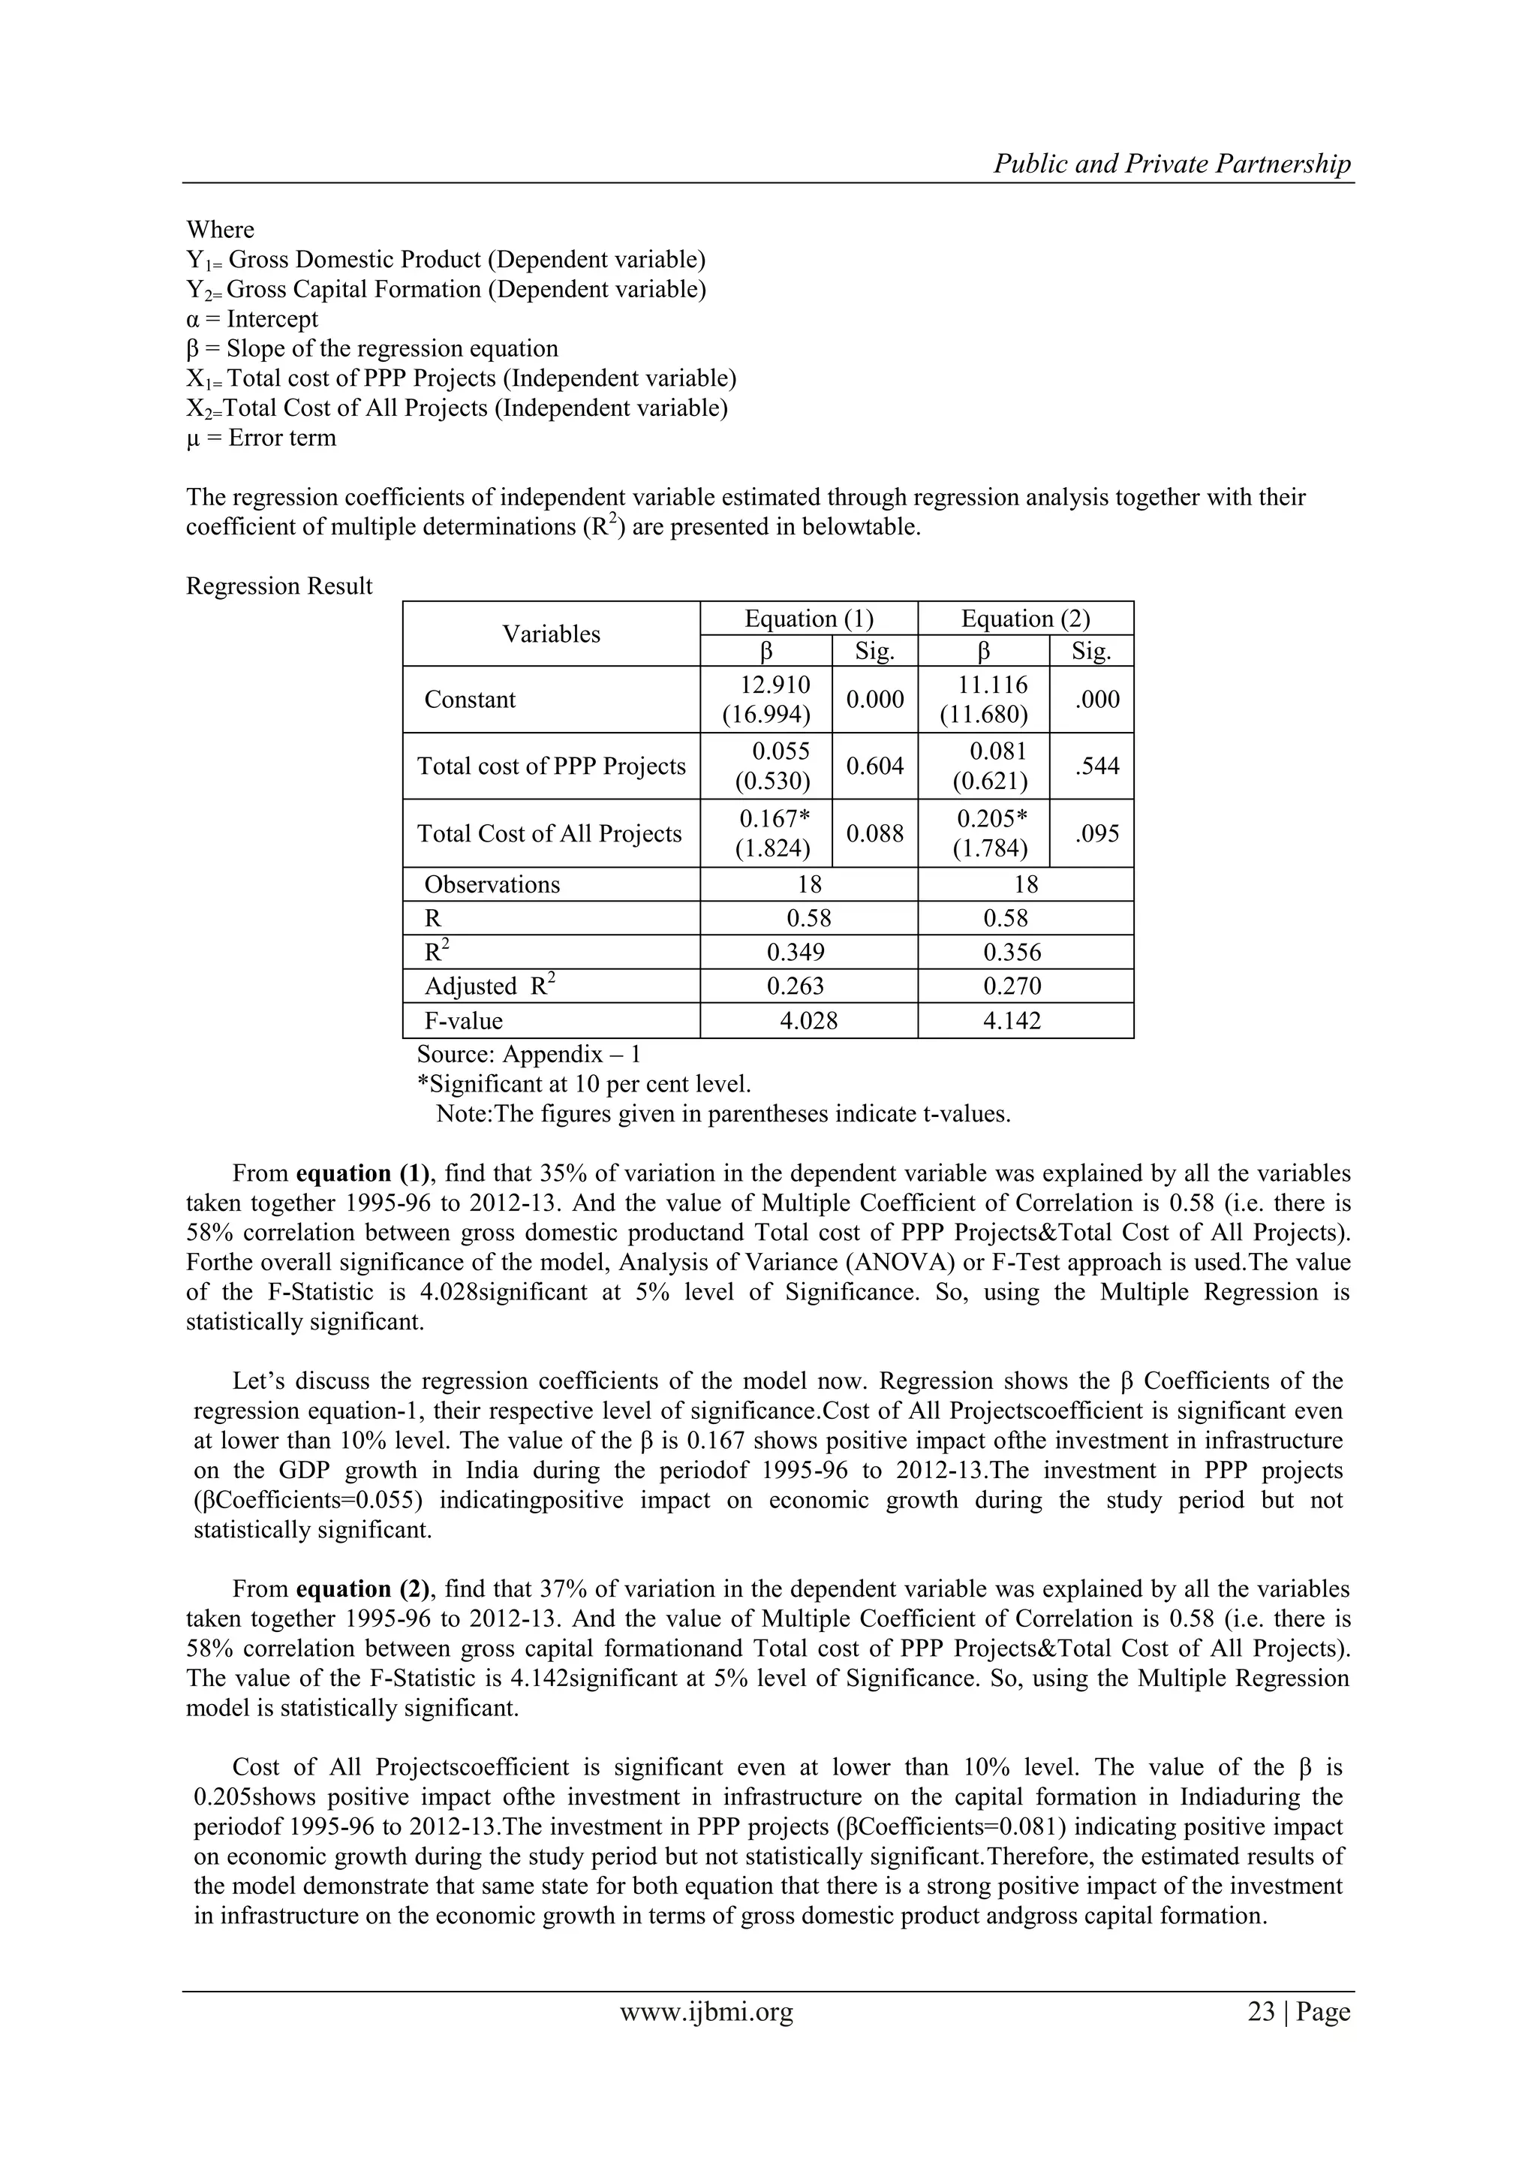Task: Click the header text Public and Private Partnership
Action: (1172, 164)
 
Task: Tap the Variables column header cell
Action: (551, 634)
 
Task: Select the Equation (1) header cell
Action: (808, 619)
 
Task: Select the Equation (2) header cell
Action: (1025, 619)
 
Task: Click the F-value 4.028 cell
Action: (808, 1021)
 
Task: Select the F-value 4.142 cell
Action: (1012, 1021)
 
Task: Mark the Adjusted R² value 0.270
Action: (1012, 986)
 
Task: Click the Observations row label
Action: (492, 884)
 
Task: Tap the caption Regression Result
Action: (279, 586)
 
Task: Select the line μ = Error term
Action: (261, 438)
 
